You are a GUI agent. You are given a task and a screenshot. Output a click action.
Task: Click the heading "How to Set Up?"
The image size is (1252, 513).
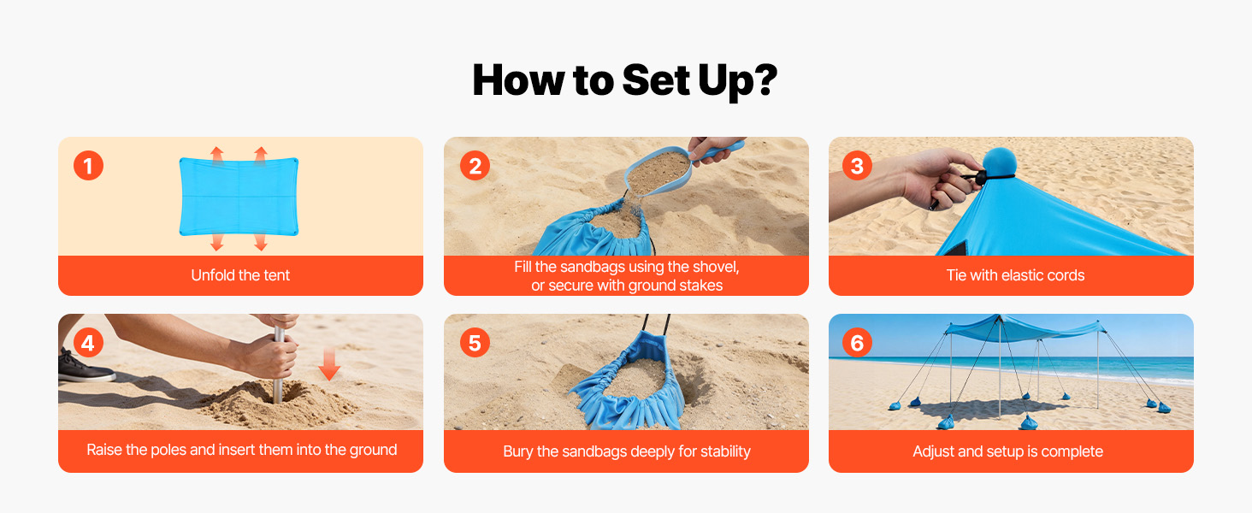coord(625,81)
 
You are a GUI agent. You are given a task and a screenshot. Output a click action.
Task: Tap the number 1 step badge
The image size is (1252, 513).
coord(88,165)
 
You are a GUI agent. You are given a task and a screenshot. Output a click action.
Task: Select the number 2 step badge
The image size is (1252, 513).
coord(475,165)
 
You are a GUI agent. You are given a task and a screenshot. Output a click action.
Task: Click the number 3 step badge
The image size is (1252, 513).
coord(857,165)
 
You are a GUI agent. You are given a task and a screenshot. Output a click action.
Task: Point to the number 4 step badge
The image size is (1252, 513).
coord(88,343)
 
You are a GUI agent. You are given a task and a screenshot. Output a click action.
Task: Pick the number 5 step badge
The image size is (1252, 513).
coord(475,343)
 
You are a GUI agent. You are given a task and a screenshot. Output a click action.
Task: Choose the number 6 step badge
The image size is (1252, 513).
coord(857,343)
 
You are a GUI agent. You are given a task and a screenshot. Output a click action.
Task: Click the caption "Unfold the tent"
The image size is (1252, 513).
coord(240,275)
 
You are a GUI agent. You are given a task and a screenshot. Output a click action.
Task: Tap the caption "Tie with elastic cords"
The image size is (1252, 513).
coord(1015,275)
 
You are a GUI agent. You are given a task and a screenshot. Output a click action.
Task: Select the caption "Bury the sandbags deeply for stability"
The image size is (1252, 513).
coord(627,451)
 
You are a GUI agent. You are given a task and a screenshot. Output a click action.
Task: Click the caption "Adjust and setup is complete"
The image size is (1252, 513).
coord(1007,451)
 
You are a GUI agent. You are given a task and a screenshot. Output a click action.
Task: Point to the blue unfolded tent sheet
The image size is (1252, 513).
coord(239,197)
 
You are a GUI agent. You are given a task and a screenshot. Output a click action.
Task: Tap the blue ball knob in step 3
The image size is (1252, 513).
coord(1000,162)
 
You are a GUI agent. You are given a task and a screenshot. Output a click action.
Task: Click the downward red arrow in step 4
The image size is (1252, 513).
coord(329,363)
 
